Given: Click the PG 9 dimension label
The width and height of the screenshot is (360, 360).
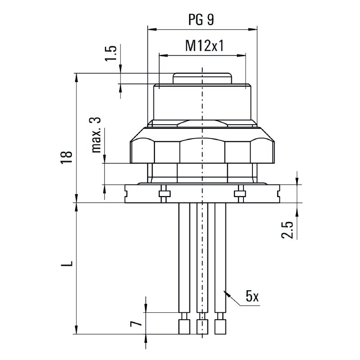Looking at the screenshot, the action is click(201, 20).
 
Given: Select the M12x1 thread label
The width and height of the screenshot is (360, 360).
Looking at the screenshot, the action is click(204, 46).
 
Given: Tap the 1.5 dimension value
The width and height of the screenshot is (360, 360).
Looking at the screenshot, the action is click(111, 53).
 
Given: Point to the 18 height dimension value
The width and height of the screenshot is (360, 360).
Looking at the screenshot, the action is click(67, 157).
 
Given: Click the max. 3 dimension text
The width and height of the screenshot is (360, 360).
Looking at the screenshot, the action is click(96, 135).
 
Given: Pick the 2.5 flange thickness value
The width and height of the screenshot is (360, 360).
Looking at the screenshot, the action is click(287, 230).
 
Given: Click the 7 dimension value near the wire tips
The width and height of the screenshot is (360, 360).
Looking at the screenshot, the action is click(136, 324).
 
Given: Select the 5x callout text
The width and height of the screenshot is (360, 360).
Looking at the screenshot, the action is click(252, 297).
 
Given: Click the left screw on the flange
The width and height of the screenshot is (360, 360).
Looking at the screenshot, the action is click(164, 194).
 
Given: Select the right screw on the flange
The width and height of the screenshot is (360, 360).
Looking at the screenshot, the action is click(240, 194).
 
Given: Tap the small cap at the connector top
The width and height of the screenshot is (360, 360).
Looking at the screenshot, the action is click(202, 78).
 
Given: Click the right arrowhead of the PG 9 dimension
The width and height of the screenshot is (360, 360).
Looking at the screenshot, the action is click(252, 29).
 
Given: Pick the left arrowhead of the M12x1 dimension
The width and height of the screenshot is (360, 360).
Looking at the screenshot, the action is click(164, 55).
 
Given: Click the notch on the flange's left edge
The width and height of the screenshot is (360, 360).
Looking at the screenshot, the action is click(126, 194).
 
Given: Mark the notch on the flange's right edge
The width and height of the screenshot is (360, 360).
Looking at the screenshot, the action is click(278, 194).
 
